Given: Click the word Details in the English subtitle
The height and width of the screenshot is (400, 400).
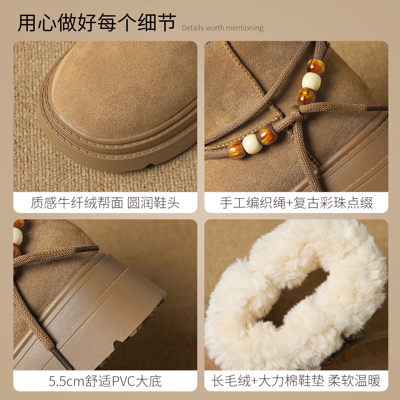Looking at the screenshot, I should pyautogui.click(x=193, y=28).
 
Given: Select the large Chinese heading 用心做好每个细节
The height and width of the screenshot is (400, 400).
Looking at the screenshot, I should pyautogui.click(x=97, y=23).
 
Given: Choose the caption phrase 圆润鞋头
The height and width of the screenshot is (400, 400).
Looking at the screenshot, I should pyautogui.click(x=153, y=203).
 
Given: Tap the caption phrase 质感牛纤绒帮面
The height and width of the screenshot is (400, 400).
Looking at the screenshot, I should pyautogui.click(x=77, y=203).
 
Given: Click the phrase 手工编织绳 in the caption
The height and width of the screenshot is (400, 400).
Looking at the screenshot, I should pyautogui.click(x=252, y=203).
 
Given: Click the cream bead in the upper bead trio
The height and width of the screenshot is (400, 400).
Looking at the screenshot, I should pyautogui.click(x=311, y=81).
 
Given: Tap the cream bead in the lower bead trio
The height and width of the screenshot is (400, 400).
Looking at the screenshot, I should pyautogui.click(x=252, y=144).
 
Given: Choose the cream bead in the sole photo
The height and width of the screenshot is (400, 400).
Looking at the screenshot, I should pyautogui.click(x=17, y=236).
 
